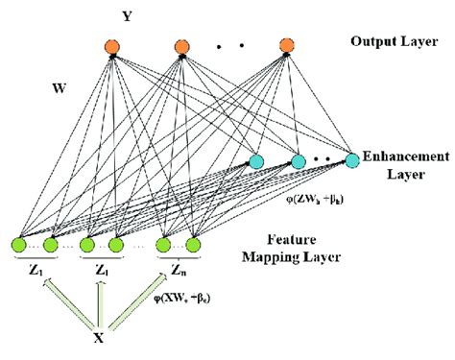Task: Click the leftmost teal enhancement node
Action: [256, 160]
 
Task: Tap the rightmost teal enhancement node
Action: [351, 159]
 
